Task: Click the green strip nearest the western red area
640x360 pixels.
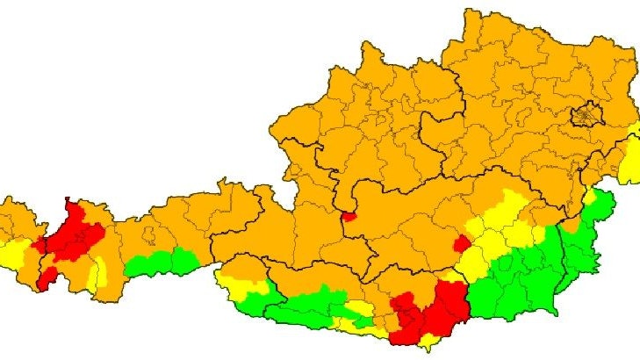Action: (162, 262)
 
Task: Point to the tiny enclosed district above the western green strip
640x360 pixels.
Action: (150, 235)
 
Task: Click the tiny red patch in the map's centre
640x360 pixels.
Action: (349, 216)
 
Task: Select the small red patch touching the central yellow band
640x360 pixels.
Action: (461, 243)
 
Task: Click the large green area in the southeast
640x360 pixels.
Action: (527, 281)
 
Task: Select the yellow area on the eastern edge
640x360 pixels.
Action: (629, 162)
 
